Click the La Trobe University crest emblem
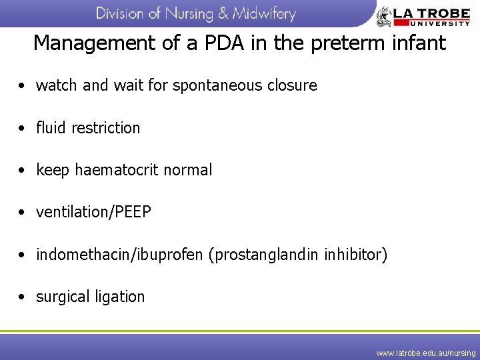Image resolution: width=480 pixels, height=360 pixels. point(386,16)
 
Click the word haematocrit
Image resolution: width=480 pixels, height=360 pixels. point(114,171)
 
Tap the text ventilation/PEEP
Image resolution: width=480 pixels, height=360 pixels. point(93,213)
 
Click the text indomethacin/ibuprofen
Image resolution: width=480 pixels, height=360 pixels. point(119,255)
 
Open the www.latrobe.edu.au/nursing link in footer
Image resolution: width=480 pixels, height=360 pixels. point(425,353)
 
